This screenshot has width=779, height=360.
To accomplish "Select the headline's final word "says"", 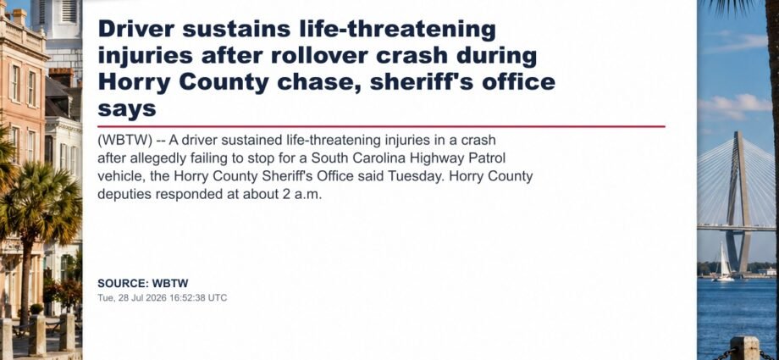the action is (x=127, y=109).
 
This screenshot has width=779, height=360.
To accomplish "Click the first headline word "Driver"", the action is (x=136, y=29).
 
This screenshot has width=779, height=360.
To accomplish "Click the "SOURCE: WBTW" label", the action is (x=143, y=284).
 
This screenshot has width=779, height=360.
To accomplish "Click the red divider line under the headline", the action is (x=382, y=126).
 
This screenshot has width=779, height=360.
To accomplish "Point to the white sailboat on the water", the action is (x=724, y=262).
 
